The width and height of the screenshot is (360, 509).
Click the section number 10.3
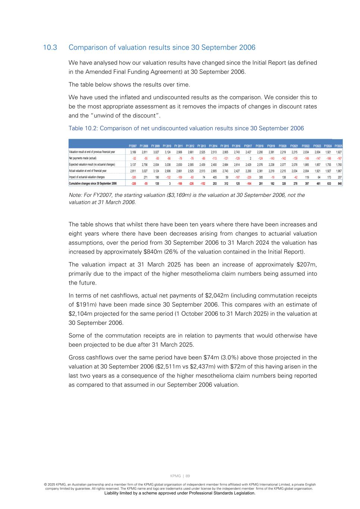(x=50, y=48)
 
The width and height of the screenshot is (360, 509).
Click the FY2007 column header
(x=132, y=146)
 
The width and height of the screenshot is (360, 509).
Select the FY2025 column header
(x=338, y=146)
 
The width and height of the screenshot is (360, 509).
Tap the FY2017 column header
(x=248, y=146)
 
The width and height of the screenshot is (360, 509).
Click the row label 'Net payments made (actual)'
(x=82, y=158)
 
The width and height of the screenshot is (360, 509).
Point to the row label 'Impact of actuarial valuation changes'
(x=87, y=177)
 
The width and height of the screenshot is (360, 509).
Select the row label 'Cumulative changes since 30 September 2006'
(x=93, y=183)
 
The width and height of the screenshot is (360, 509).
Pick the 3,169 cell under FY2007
(x=133, y=152)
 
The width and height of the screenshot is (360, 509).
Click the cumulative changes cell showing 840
(x=339, y=183)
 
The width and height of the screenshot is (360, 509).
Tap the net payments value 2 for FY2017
(x=250, y=158)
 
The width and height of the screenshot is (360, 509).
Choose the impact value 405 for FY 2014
(x=215, y=177)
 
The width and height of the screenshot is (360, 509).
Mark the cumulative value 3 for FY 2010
(x=170, y=183)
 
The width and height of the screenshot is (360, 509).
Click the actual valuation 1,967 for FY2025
(x=339, y=171)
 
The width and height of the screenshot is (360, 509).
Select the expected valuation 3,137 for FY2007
(x=133, y=164)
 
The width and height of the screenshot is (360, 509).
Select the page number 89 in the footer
(x=188, y=476)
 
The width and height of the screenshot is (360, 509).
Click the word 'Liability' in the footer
(x=114, y=493)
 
